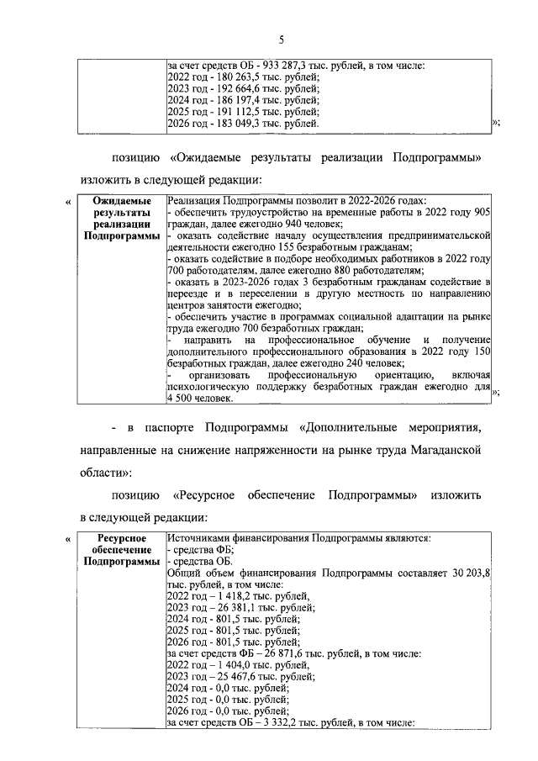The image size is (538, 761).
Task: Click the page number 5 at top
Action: click(x=282, y=40)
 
